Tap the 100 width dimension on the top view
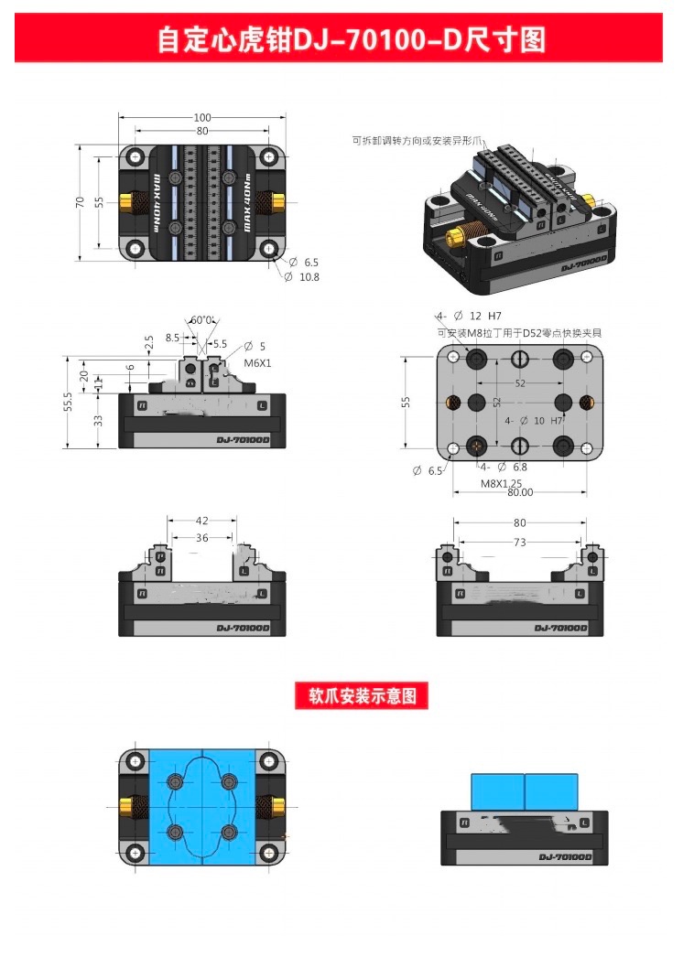pyautogui.click(x=202, y=117)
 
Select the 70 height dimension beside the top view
pyautogui.click(x=81, y=201)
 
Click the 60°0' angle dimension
pyautogui.click(x=201, y=320)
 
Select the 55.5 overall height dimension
pyautogui.click(x=68, y=403)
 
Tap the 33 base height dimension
pyautogui.click(x=98, y=422)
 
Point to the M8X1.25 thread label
pyautogui.click(x=501, y=482)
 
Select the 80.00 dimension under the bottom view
pyautogui.click(x=520, y=493)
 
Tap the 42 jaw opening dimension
pyautogui.click(x=202, y=522)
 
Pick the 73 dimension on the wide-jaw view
pyautogui.click(x=520, y=543)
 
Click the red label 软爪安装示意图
pyautogui.click(x=362, y=696)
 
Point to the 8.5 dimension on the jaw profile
pyautogui.click(x=174, y=338)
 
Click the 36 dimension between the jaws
pyautogui.click(x=202, y=538)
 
